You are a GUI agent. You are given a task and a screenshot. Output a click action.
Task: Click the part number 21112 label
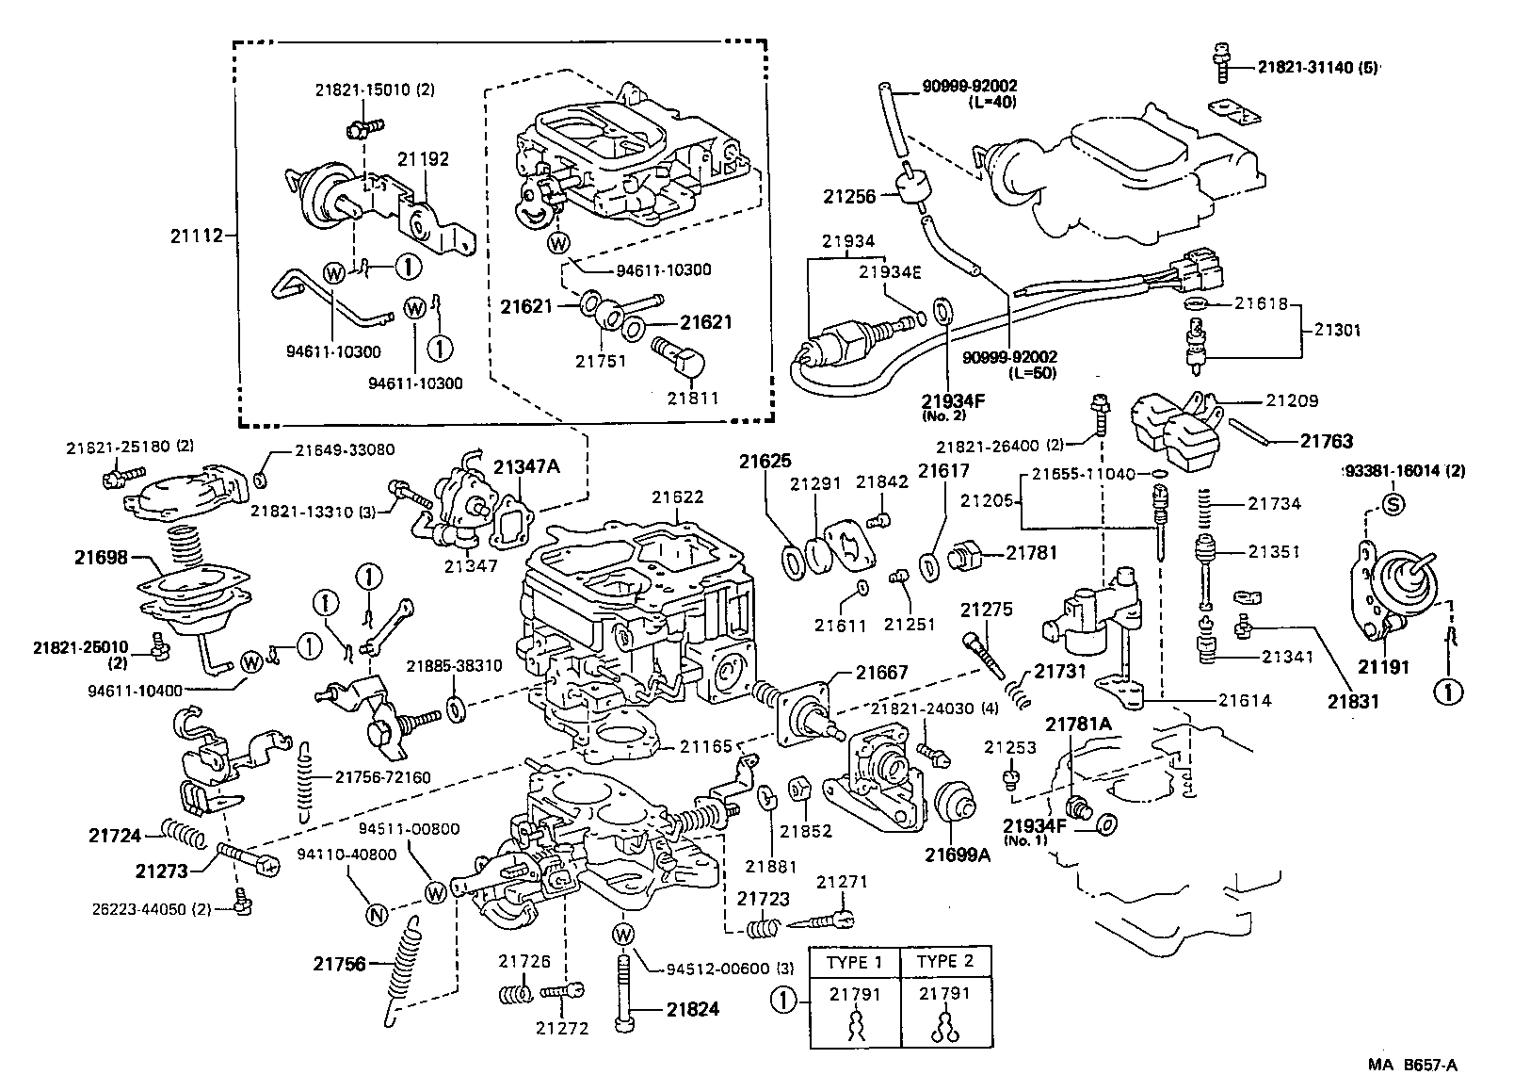click(x=197, y=236)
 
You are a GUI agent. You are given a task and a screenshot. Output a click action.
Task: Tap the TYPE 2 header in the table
click(x=946, y=962)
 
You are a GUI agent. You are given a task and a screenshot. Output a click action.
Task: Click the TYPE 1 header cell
click(x=855, y=962)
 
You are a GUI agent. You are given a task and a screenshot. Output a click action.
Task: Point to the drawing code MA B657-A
click(x=1413, y=1066)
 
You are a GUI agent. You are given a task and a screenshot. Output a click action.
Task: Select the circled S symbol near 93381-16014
click(x=1393, y=504)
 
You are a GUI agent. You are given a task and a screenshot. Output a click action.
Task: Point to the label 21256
click(x=849, y=197)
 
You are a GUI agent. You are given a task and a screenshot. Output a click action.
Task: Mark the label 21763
click(x=1327, y=440)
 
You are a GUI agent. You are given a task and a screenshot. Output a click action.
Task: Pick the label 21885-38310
click(x=454, y=666)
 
